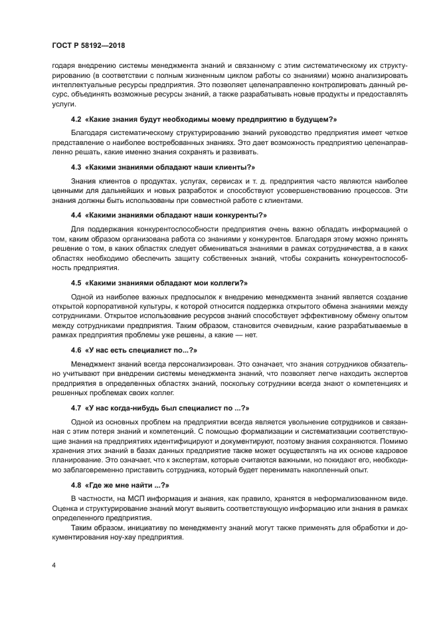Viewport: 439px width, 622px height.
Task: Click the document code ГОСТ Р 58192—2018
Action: pos(88,46)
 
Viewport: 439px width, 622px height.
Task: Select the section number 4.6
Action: pos(76,349)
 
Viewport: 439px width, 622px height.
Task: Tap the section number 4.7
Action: pos(76,406)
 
